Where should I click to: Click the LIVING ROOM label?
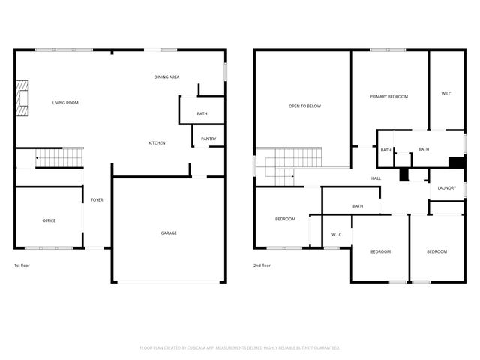point(65,103)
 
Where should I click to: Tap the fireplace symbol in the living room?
point(22,98)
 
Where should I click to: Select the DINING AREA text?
point(166,76)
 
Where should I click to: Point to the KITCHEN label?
point(157,143)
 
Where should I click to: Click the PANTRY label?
point(208,139)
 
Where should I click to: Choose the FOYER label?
point(97,200)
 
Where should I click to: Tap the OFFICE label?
point(49,220)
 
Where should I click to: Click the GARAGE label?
point(169,233)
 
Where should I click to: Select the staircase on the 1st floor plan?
point(60,157)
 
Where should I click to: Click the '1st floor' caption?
point(22,265)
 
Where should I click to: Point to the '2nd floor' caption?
point(262,265)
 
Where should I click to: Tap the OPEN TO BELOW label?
point(304,106)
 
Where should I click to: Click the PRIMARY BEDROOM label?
point(390,97)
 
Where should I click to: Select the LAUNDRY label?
point(447,188)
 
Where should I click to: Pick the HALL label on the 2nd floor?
point(376,178)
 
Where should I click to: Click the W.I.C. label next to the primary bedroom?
point(446,94)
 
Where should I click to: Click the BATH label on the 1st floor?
point(202,114)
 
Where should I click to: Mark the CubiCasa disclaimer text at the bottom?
point(240,348)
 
